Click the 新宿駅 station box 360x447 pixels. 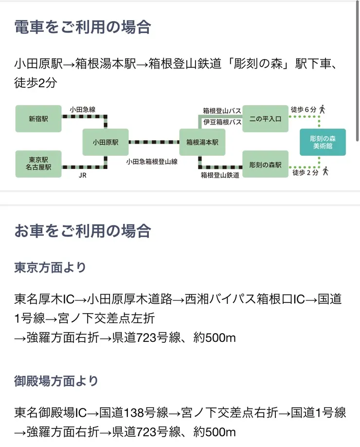click(x=38, y=118)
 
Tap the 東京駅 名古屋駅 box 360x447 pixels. click(x=38, y=163)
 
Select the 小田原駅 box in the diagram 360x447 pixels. click(x=106, y=142)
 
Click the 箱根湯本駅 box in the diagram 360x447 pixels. click(x=202, y=142)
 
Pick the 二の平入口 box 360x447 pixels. click(x=265, y=118)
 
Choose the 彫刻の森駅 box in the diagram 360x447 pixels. click(x=265, y=165)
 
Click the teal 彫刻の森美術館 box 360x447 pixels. click(x=323, y=142)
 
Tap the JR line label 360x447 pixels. click(x=82, y=175)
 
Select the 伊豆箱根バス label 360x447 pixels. click(x=222, y=122)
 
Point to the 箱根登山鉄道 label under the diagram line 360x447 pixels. click(x=220, y=175)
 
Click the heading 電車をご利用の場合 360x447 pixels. click(x=83, y=27)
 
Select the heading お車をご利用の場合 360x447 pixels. click(x=83, y=230)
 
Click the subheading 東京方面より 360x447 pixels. click(x=50, y=267)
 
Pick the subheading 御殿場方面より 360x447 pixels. click(x=56, y=381)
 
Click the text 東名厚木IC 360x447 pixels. click(x=45, y=299)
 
